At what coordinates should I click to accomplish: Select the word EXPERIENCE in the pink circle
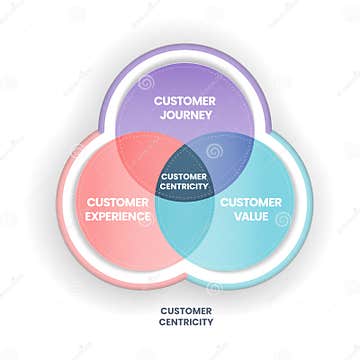point(118,214)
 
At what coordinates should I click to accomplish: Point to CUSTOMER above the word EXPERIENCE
point(118,201)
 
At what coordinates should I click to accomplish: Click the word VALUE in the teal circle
point(243,214)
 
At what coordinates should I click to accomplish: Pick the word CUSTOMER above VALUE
point(243,201)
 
